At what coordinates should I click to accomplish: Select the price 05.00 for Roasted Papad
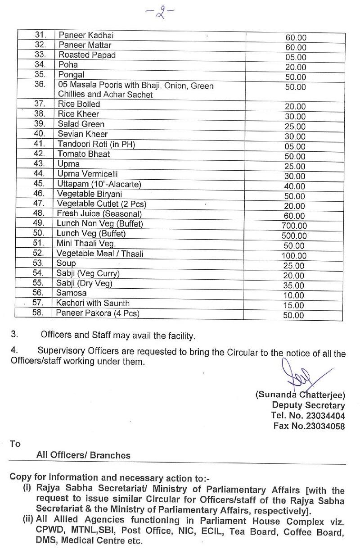tap(295, 58)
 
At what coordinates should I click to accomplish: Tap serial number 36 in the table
tap(40, 85)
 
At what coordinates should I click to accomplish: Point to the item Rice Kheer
tap(78, 114)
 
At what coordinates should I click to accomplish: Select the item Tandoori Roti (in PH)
tap(96, 144)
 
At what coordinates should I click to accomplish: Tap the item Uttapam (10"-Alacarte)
tap(99, 184)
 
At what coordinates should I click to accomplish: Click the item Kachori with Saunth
tap(93, 303)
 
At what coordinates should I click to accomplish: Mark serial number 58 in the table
tap(38, 313)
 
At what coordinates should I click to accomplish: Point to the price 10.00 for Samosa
tap(293, 295)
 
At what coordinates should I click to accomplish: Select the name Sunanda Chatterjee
tap(300, 395)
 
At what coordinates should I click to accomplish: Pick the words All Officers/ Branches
tap(83, 455)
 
